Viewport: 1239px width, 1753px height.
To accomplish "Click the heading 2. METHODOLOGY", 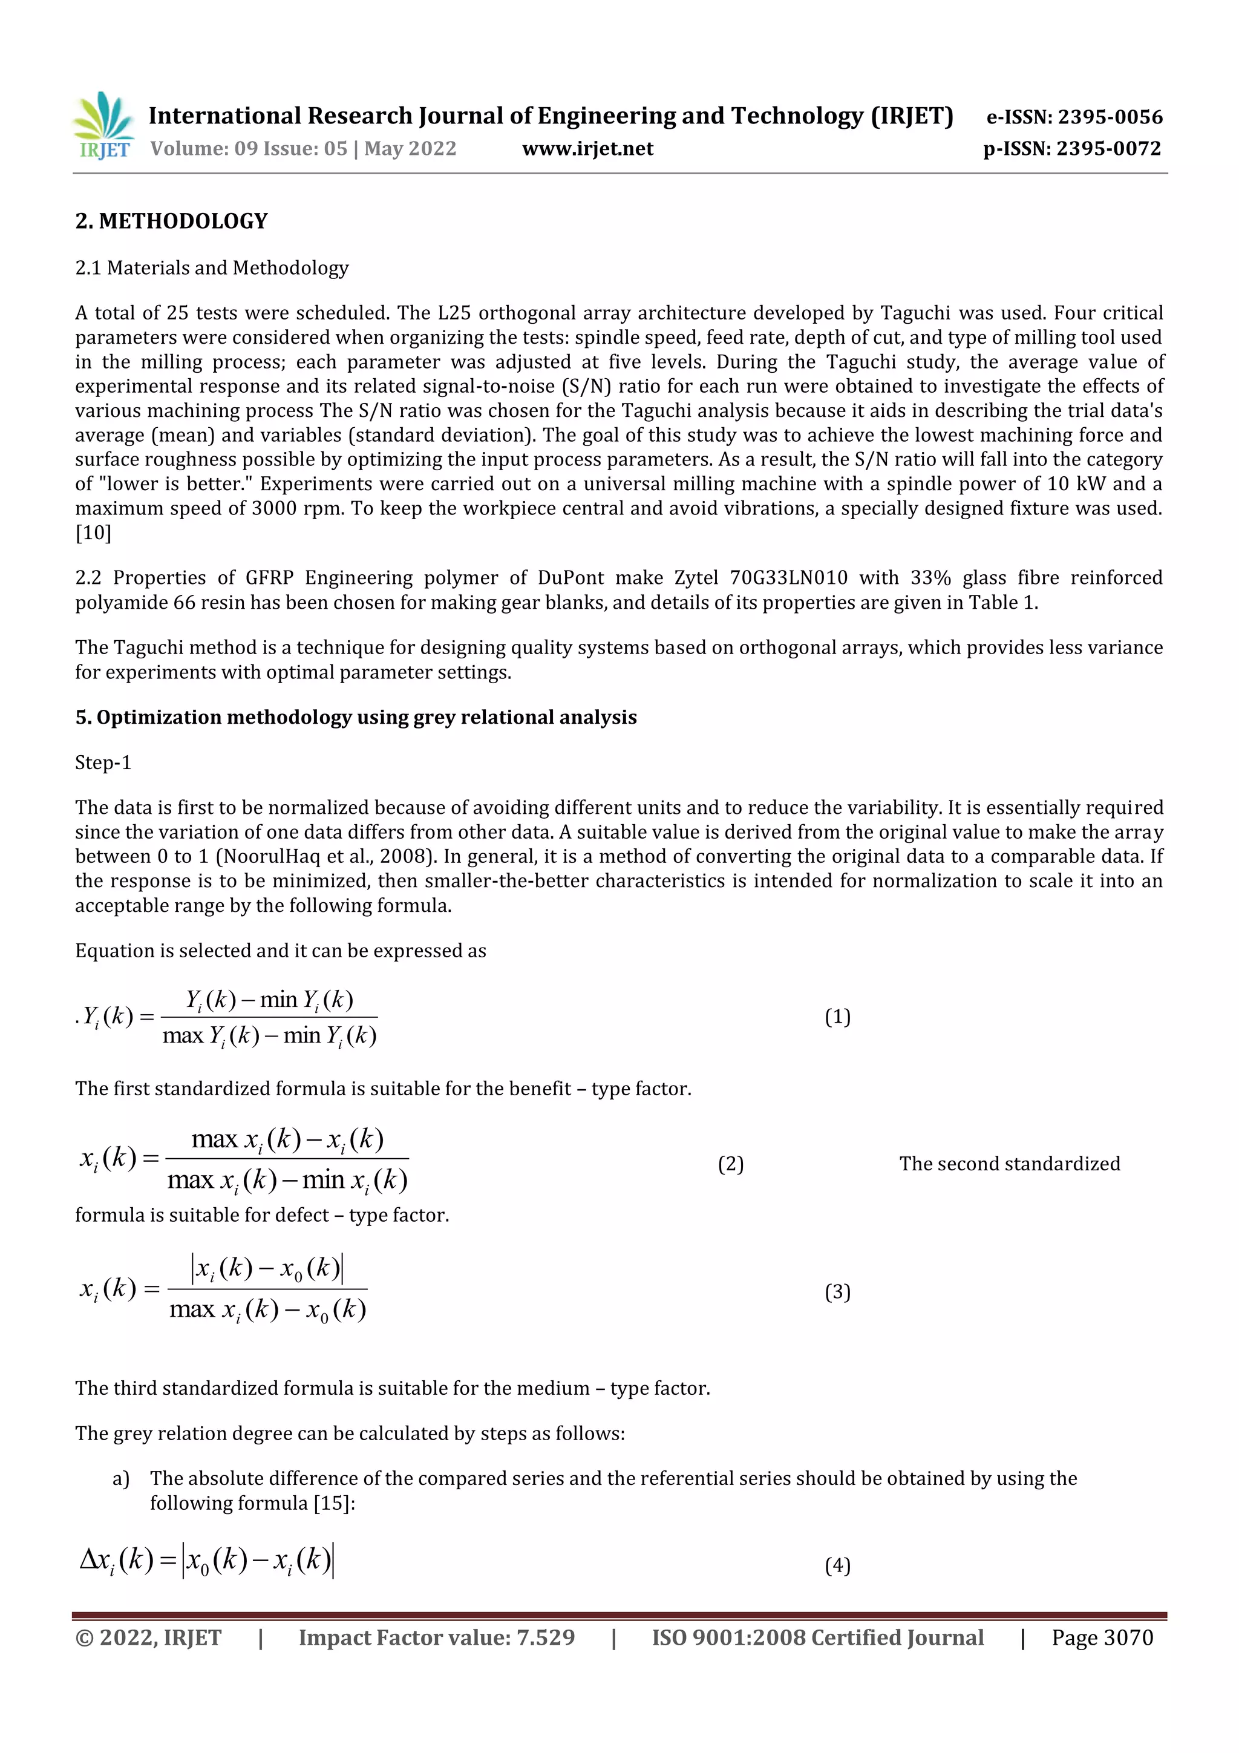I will coord(172,221).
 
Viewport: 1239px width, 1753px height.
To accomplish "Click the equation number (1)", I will coord(837,1017).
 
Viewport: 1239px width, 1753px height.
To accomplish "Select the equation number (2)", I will coord(731,1164).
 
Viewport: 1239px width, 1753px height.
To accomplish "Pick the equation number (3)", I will coord(837,1292).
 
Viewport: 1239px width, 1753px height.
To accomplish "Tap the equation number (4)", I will coord(837,1566).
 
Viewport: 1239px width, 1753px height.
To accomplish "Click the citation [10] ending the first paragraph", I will coord(93,533).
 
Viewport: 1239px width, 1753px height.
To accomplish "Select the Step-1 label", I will coord(103,762).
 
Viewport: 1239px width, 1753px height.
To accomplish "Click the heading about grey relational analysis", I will coord(356,718).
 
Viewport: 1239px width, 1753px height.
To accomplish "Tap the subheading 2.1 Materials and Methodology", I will coord(212,268).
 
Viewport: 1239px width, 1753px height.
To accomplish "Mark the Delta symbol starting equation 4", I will coord(88,1559).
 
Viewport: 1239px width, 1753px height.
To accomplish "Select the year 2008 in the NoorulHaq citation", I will coord(400,857).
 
